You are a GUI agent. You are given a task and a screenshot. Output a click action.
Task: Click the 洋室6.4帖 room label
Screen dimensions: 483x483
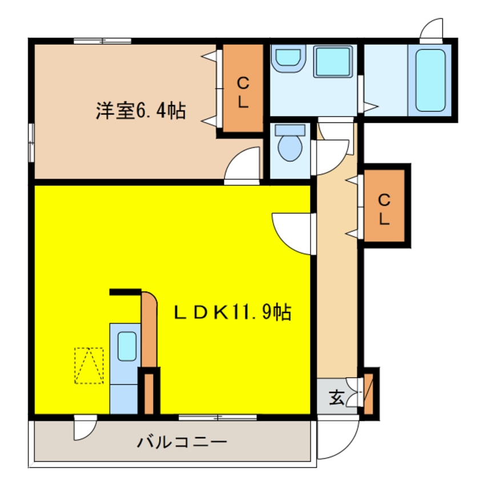point(140,110)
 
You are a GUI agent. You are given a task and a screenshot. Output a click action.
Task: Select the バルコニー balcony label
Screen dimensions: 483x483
point(182,442)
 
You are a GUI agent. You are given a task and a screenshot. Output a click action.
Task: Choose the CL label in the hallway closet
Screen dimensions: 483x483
point(384,209)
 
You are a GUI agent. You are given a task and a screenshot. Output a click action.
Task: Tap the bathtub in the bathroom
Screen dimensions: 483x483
point(430,80)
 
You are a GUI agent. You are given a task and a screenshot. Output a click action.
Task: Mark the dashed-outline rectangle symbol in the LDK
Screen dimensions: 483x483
point(88,365)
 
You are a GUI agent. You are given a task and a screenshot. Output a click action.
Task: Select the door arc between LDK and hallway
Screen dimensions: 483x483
point(293,233)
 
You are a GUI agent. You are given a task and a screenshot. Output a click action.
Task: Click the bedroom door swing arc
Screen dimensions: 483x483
point(243,166)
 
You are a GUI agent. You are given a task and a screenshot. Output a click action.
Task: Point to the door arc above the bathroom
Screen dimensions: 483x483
point(432,30)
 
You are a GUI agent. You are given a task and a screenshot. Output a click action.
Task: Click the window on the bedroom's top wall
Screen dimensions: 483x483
point(103,40)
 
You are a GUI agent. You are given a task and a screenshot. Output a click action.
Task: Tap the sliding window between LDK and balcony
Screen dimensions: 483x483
point(217,417)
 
